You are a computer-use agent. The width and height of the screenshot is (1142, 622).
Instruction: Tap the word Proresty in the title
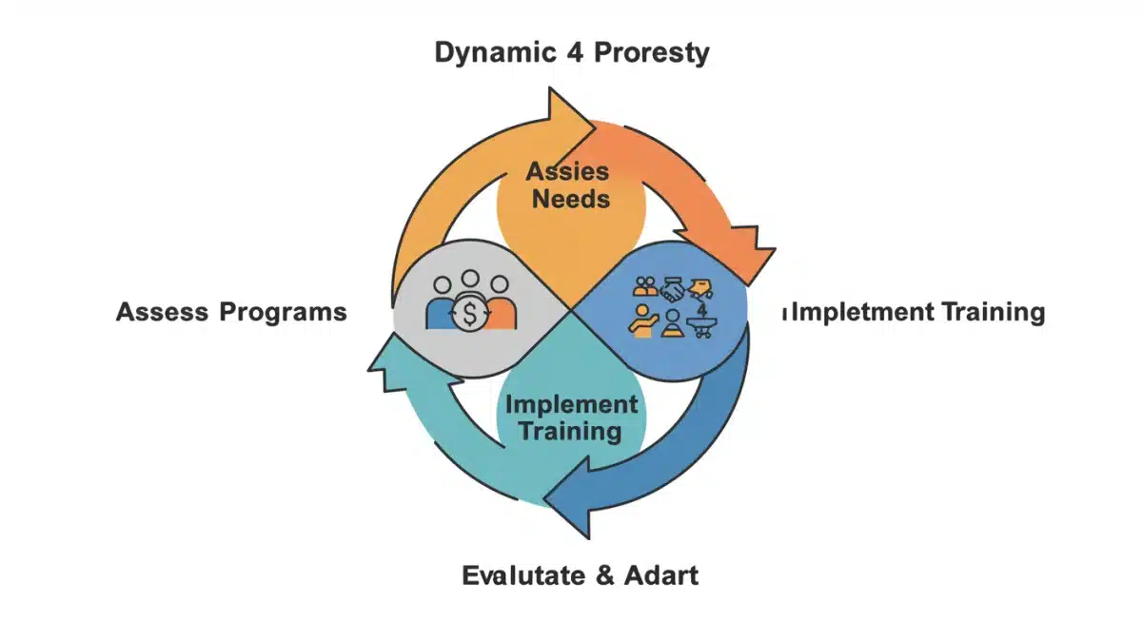(652, 53)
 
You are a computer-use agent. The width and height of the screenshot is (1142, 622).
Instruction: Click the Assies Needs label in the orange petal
(570, 186)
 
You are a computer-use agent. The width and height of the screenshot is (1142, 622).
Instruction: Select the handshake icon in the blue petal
(674, 289)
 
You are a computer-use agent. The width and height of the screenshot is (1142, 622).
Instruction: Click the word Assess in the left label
(162, 312)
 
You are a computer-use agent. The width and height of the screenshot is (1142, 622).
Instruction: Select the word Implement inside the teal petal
(571, 404)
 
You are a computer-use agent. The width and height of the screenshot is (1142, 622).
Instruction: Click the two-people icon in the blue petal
(644, 286)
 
